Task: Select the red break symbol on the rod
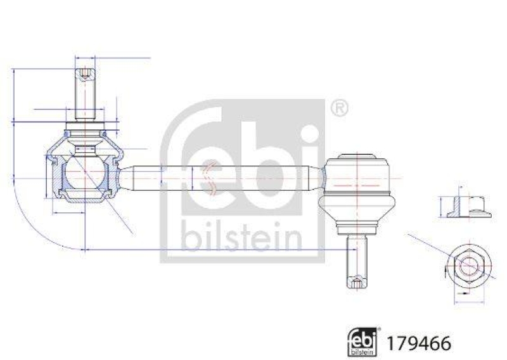pos(209,177)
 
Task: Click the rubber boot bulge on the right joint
pos(357,207)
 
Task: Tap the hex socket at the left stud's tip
pos(85,78)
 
